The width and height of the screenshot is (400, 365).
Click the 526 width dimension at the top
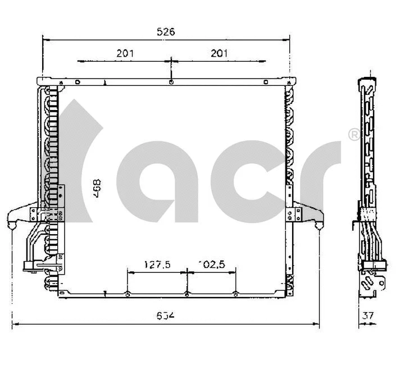tap(166, 32)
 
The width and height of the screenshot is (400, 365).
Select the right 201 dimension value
tap(220, 53)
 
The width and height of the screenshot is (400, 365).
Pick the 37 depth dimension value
tap(368, 316)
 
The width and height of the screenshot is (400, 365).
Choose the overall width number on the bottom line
tap(166, 316)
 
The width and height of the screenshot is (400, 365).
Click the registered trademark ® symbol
tap(354, 134)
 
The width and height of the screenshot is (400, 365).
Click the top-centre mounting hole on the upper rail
tap(170, 83)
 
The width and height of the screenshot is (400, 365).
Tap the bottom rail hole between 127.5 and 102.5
tap(187, 294)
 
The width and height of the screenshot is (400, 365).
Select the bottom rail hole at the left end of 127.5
tap(129, 294)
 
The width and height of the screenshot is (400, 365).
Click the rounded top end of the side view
tap(367, 81)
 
